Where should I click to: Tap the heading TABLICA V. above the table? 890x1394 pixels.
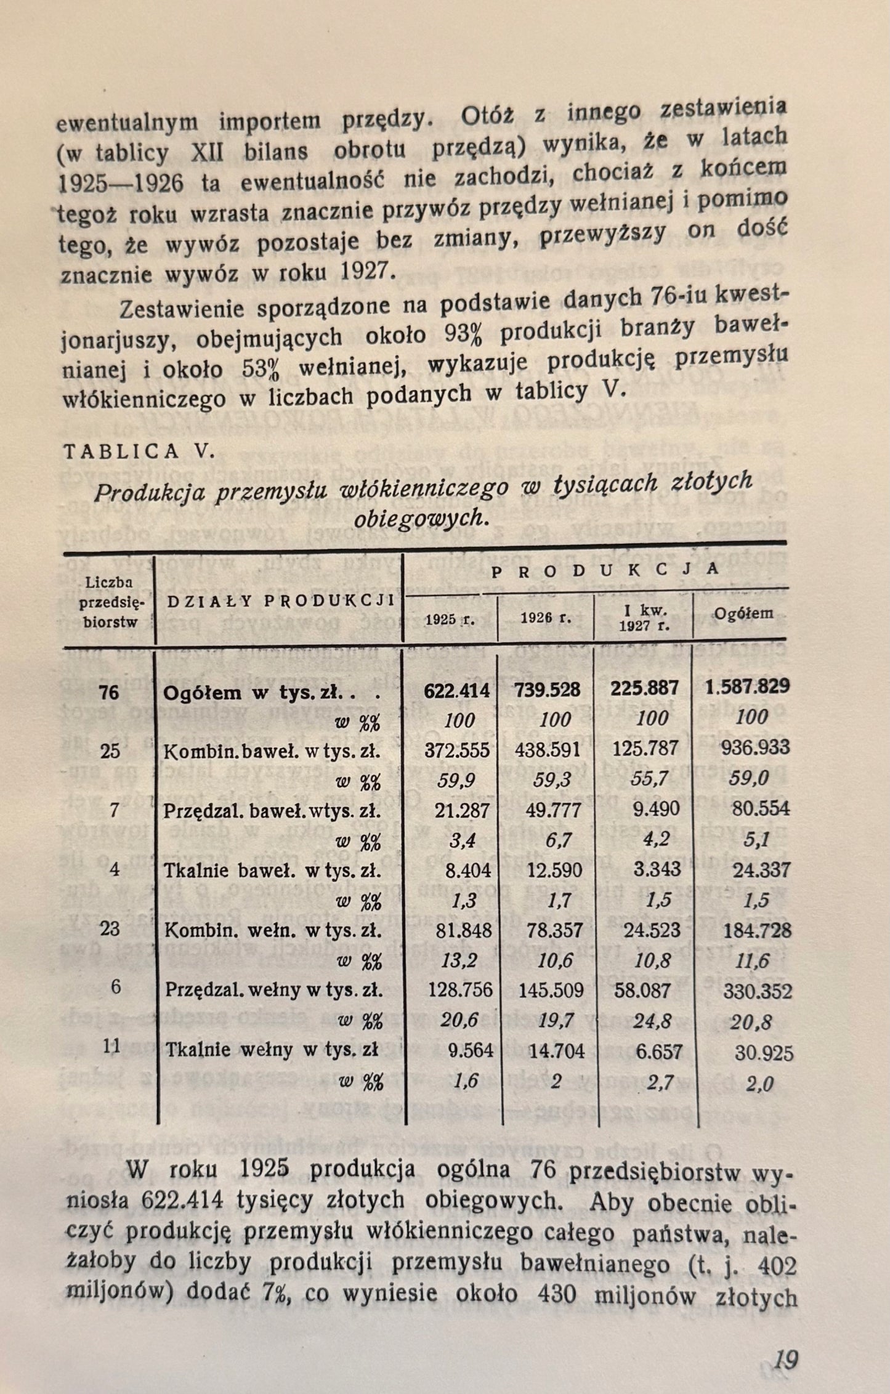(139, 452)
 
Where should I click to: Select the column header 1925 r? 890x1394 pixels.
(450, 619)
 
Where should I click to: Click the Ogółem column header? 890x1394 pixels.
(743, 614)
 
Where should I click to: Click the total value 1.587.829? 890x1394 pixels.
(747, 687)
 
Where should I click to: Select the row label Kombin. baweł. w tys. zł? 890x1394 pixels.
(272, 752)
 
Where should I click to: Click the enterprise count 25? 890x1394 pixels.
(110, 751)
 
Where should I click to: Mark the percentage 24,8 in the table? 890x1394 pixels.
(650, 1021)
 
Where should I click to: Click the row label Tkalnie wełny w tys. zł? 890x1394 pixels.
(272, 1050)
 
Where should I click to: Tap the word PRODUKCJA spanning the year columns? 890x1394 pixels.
(605, 570)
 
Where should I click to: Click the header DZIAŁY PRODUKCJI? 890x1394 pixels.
(281, 602)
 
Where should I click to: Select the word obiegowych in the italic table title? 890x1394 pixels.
(421, 519)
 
